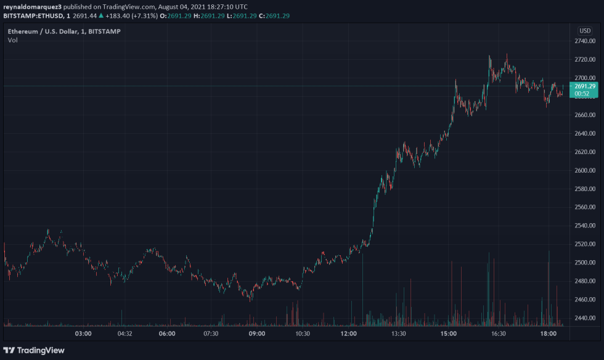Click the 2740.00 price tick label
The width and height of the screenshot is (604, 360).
pos(584,41)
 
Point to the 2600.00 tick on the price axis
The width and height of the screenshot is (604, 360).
pos(584,171)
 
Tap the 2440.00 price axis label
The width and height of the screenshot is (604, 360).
pos(584,319)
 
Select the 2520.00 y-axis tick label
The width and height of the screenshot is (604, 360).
pos(584,245)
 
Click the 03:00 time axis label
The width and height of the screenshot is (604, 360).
pos(83,334)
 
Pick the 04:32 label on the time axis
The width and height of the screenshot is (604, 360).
pos(125,334)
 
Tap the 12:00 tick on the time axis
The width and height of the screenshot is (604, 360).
pos(349,334)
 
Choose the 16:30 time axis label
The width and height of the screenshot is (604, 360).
pos(499,334)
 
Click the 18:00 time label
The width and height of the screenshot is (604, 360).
pos(549,334)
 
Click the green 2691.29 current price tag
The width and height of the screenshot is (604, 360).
pos(584,86)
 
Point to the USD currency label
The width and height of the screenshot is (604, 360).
pos(584,31)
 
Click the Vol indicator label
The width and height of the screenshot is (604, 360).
pos(12,40)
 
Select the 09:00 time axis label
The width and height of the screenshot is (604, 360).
pos(257,334)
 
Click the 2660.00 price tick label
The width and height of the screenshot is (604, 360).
pos(584,115)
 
